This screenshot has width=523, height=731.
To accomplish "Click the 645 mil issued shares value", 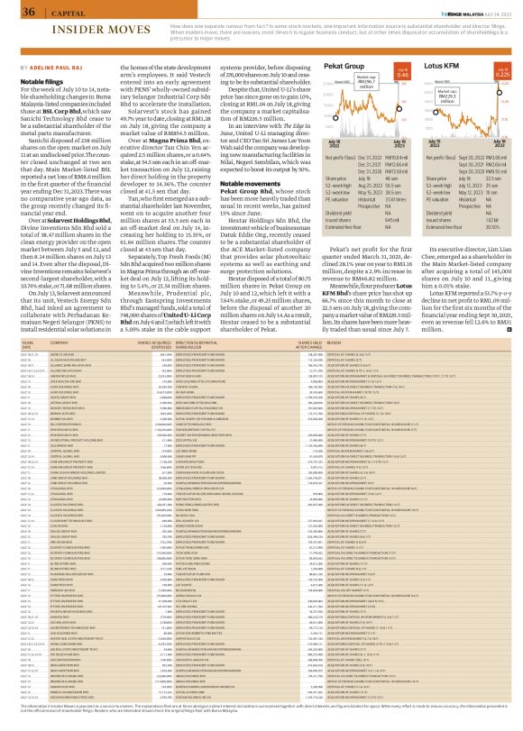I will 422,219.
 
